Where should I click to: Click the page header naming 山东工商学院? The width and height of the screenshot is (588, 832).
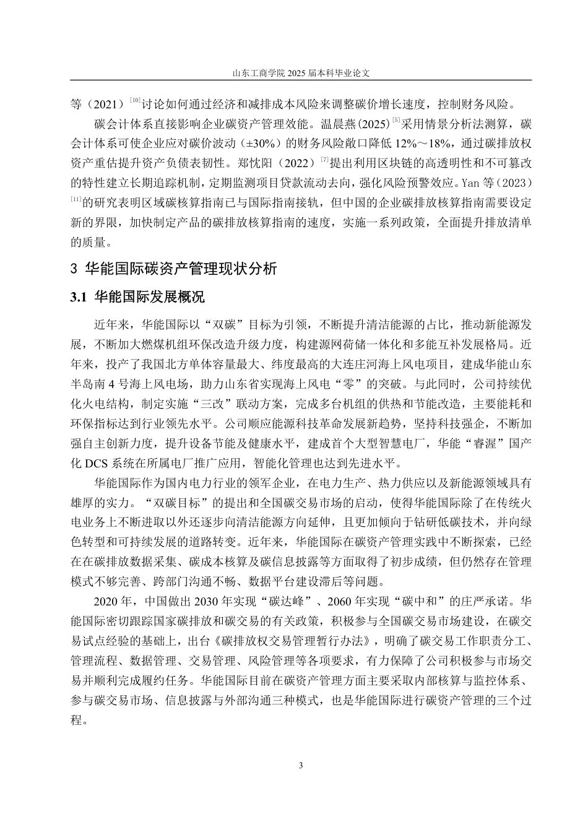tap(301, 72)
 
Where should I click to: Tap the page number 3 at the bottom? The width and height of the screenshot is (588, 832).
tap(301, 766)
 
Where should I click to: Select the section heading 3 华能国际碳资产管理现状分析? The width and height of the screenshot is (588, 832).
tap(175, 269)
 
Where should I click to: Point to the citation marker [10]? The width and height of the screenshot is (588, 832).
tap(136, 100)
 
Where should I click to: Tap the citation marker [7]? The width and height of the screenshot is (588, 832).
tap(324, 161)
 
